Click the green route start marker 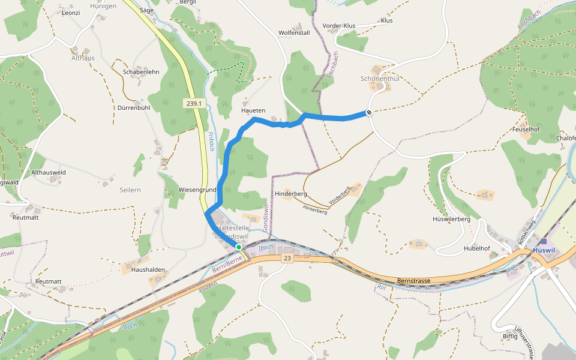coord(238,247)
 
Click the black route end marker coord(369,112)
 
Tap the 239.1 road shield coord(194,104)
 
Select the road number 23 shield coord(287,258)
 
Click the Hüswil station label coord(544,250)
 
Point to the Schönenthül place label coord(380,79)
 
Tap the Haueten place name coord(253,111)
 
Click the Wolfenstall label coord(294,33)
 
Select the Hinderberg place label coord(291,194)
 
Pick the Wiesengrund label coord(197,190)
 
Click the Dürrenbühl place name coord(133,108)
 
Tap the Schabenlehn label coord(141,71)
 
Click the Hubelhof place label coord(477,248)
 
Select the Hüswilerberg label coord(452,219)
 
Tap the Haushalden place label coord(148,270)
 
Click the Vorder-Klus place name coord(339,26)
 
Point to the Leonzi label coord(71,13)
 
